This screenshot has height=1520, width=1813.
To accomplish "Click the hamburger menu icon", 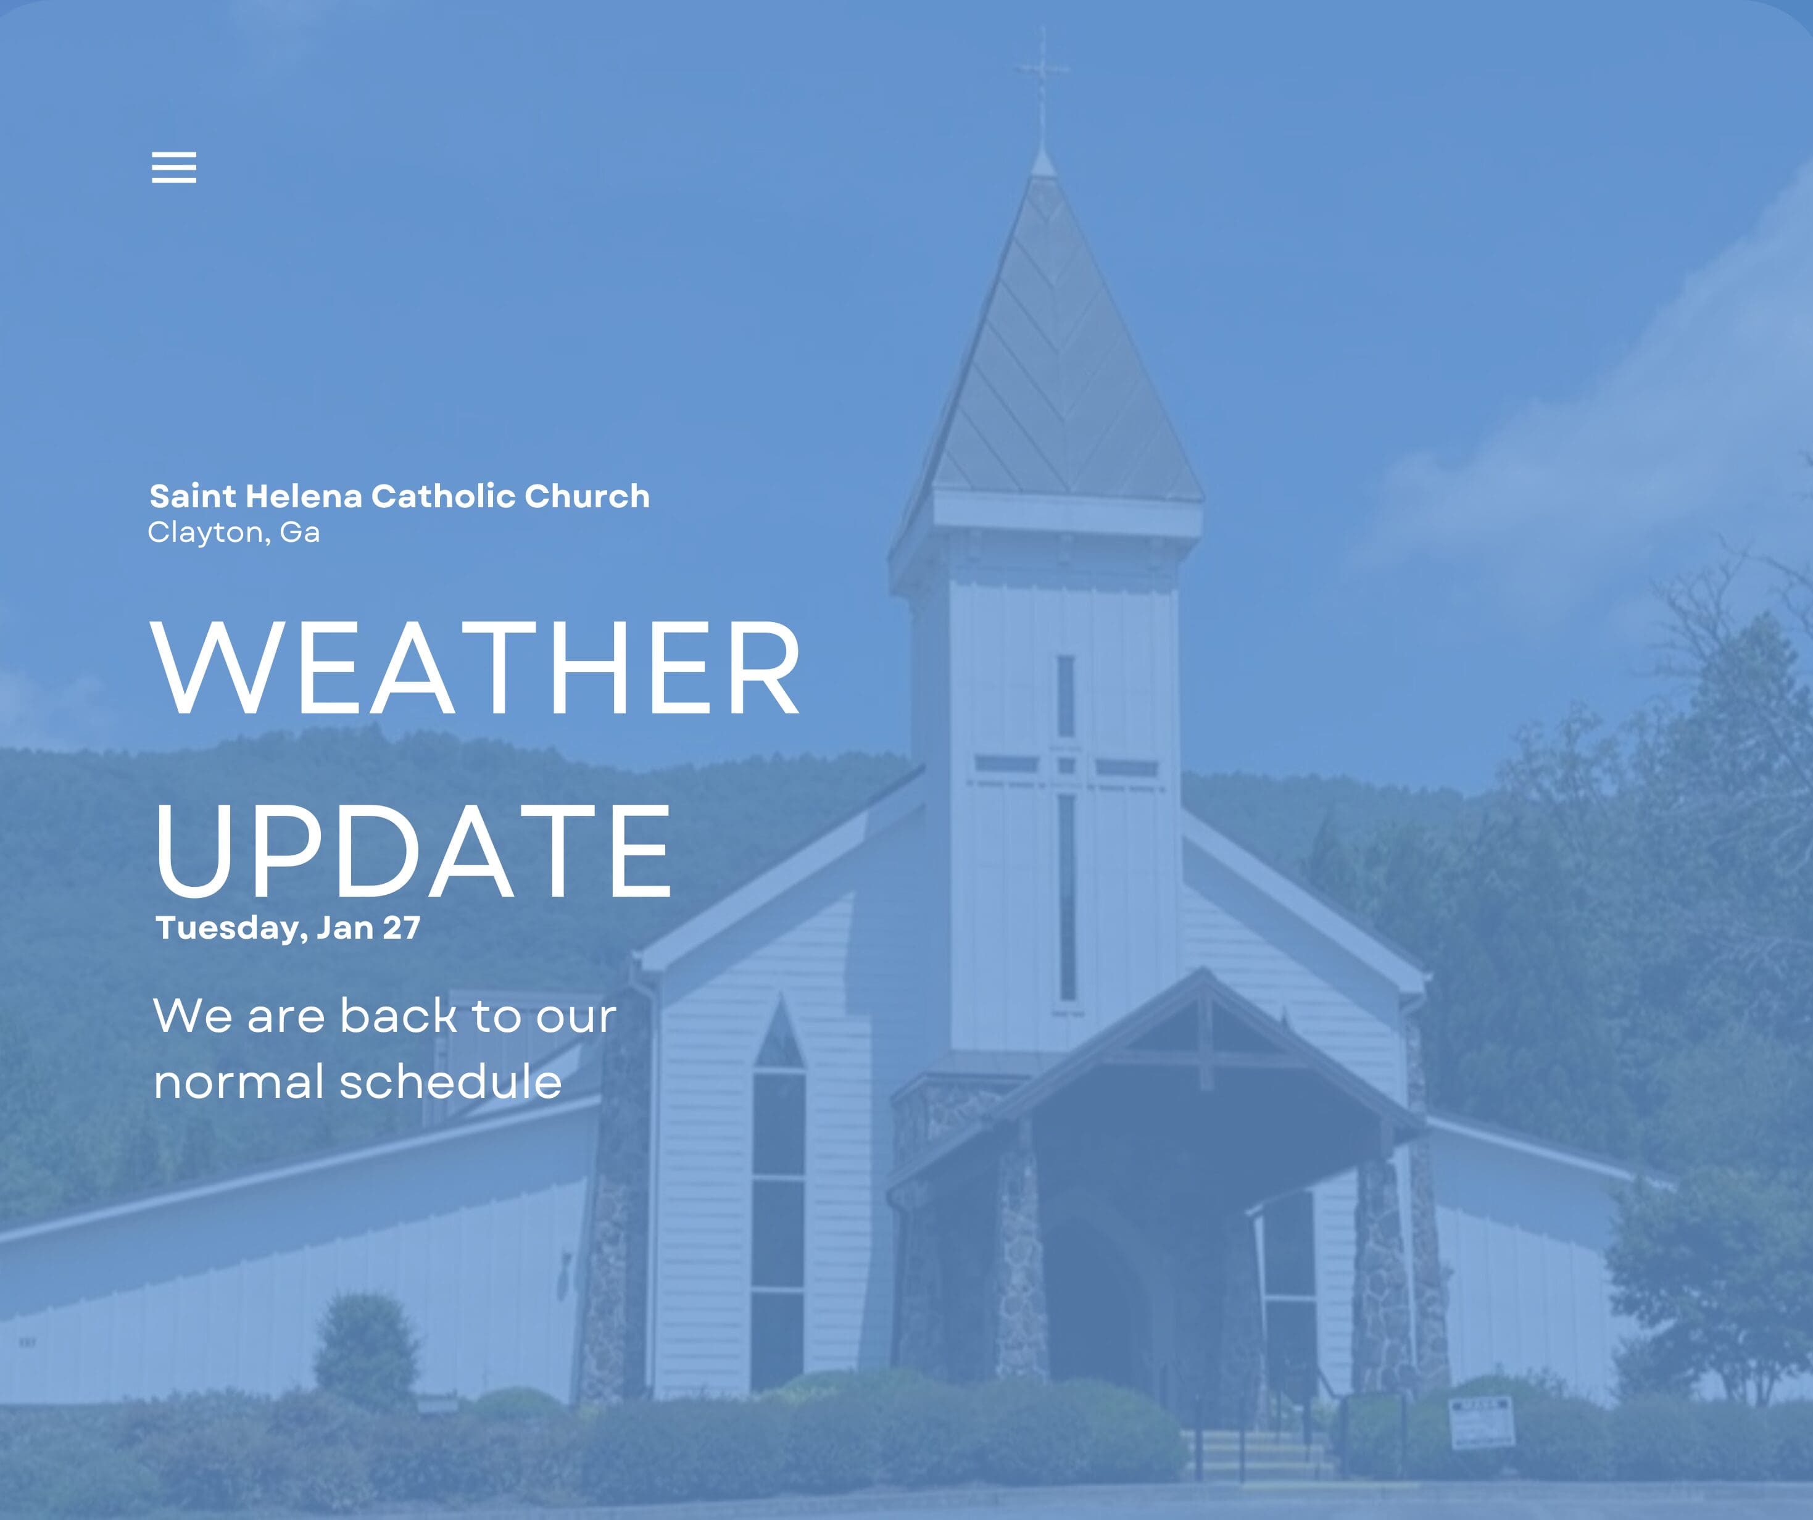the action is click(173, 167).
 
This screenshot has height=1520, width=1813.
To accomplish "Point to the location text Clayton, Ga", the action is click(233, 532).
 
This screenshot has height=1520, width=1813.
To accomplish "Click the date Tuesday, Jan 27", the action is click(288, 928).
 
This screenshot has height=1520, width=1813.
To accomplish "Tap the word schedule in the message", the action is click(450, 1081).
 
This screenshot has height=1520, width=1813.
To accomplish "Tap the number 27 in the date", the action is click(402, 928).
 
